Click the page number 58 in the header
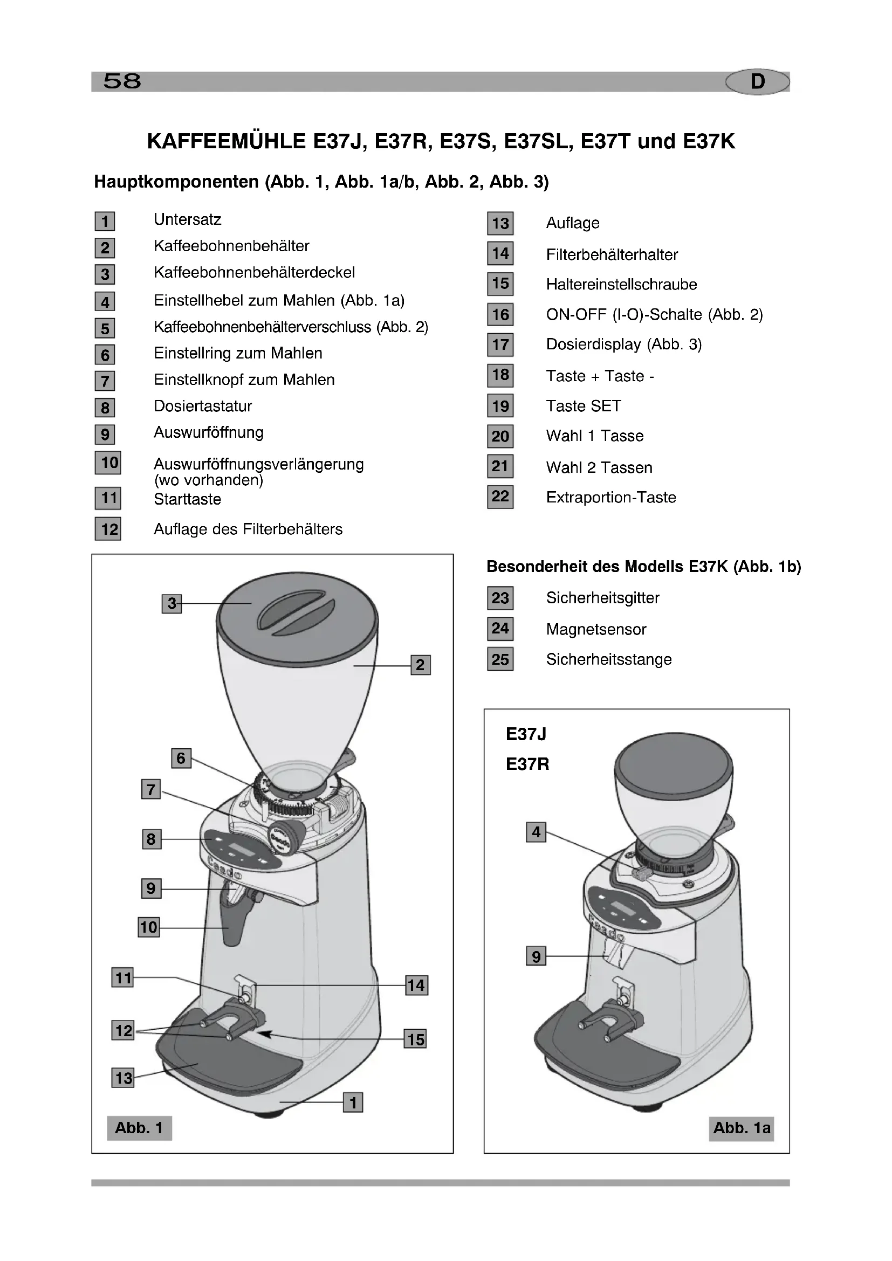[x=122, y=81]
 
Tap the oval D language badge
[x=757, y=81]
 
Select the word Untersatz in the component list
[x=187, y=219]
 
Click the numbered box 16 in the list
[x=500, y=315]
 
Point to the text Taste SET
[x=584, y=406]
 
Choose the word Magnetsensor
[x=596, y=629]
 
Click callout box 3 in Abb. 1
[x=172, y=604]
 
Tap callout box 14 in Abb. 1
[x=416, y=986]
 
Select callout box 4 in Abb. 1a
[x=536, y=832]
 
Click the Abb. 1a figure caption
[x=742, y=1128]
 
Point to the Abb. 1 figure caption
[x=139, y=1128]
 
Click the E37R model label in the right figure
[x=527, y=764]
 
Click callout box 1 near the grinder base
[x=353, y=1102]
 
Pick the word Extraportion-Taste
[x=611, y=498]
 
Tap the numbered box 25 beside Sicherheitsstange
[x=500, y=659]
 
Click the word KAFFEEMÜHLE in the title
[x=227, y=142]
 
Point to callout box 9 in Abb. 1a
[x=536, y=956]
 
